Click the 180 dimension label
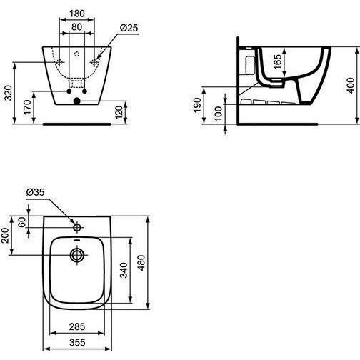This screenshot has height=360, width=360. tap(77, 14)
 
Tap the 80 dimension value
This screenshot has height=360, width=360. tap(76, 27)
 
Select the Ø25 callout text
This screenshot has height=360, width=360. tap(129, 28)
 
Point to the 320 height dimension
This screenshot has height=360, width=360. tap(9, 93)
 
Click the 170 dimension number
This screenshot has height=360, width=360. tap(27, 107)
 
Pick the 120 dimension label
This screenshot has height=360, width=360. tap(119, 112)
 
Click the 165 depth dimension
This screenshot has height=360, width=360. tap(278, 62)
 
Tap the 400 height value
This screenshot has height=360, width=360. tap(350, 86)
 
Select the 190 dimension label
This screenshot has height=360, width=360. tap(197, 106)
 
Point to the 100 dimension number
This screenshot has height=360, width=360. tap(218, 114)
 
